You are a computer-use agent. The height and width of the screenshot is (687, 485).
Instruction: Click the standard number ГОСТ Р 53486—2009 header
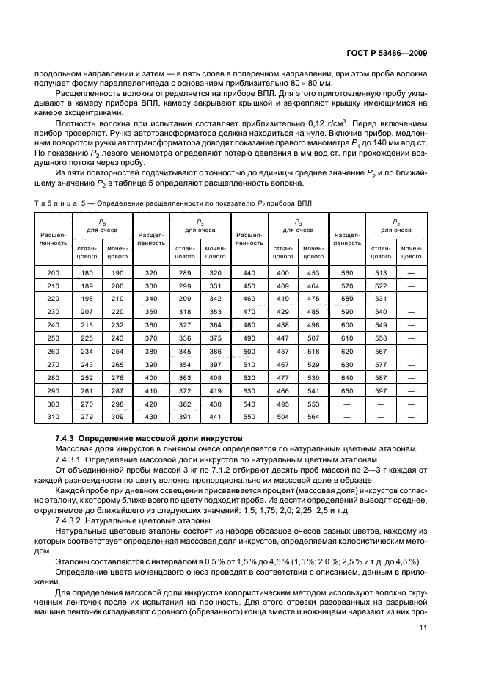pos(389,52)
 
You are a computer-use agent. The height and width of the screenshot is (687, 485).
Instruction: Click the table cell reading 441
pos(215,418)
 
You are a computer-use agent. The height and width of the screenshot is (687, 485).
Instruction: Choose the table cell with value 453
pos(314,272)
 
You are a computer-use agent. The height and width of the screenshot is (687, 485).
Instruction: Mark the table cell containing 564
pos(314,418)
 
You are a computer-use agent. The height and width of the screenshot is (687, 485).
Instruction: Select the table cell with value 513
pos(380,272)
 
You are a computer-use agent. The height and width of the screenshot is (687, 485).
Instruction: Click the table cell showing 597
pos(380,391)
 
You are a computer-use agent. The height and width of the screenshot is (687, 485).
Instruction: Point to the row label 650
pos(346,391)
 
